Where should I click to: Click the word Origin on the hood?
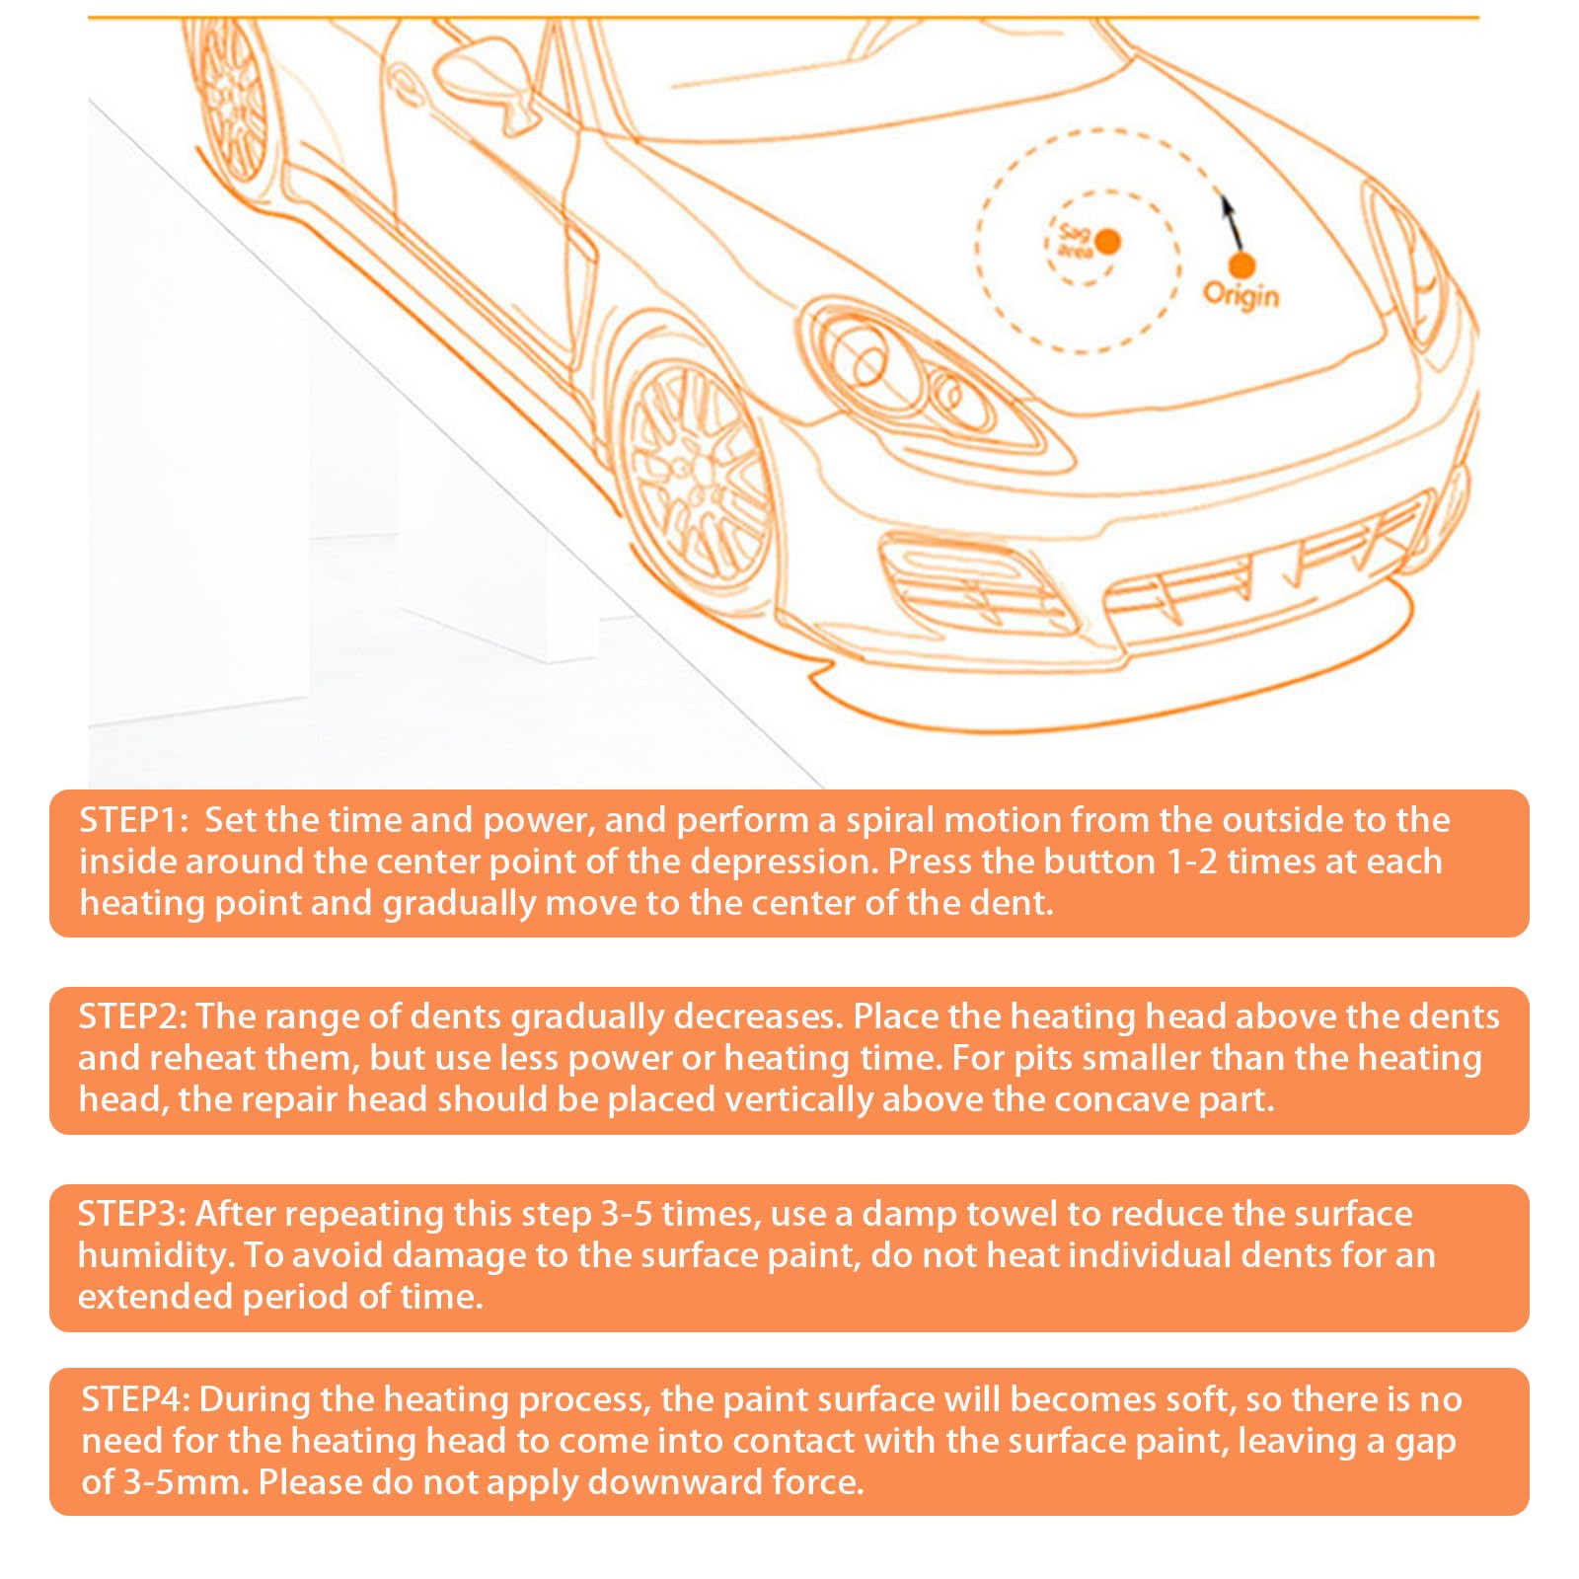[x=1241, y=295]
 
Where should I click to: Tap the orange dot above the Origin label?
[x=1241, y=264]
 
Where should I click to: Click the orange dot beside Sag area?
[x=1108, y=241]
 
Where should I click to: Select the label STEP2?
[x=132, y=1016]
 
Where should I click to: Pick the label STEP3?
[x=132, y=1214]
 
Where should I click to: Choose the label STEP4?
[x=135, y=1399]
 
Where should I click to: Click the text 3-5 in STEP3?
[x=627, y=1214]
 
